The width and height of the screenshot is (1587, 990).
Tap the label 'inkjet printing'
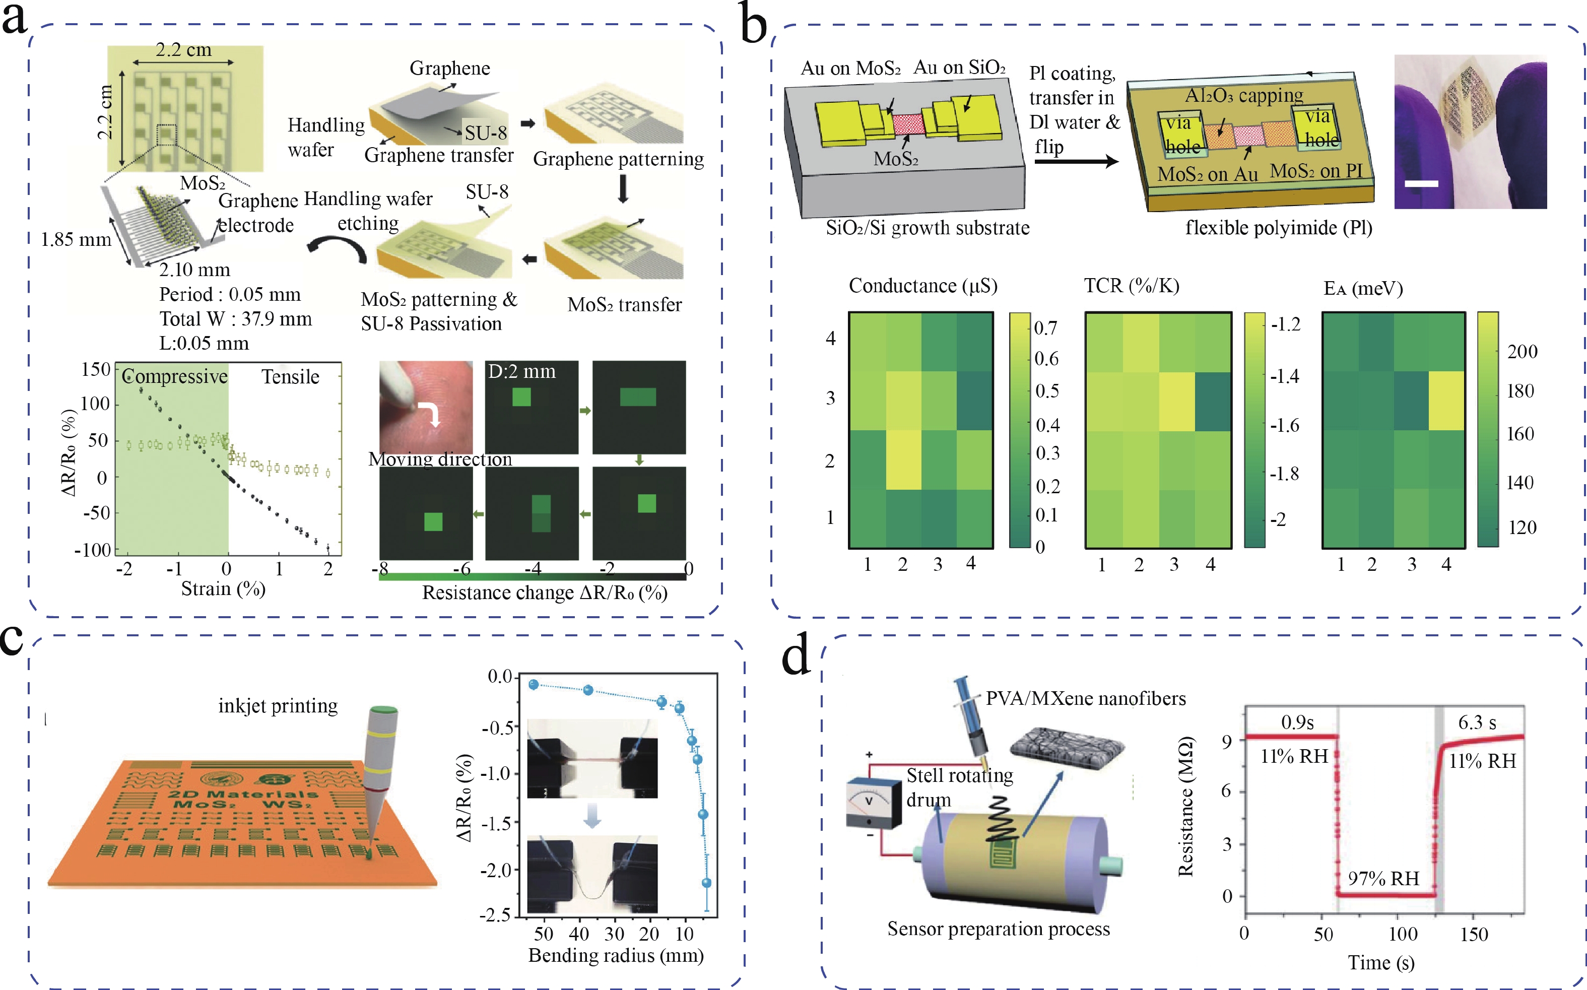[278, 706]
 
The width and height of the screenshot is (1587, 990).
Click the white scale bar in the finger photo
[1421, 184]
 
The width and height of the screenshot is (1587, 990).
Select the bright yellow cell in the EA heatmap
[1446, 401]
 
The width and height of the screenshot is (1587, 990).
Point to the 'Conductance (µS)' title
[922, 286]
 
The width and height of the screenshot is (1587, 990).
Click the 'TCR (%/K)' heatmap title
[1132, 286]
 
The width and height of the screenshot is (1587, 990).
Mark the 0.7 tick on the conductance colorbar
[1045, 327]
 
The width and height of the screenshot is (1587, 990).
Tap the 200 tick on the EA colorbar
[1522, 352]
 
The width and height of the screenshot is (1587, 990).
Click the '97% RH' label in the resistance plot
[1383, 879]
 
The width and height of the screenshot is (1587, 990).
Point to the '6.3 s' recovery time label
[1477, 723]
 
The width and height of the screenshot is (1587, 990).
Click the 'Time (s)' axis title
[1381, 962]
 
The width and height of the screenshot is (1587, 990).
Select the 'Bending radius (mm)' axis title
[616, 955]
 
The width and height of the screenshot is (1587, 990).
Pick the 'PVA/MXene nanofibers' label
[1086, 699]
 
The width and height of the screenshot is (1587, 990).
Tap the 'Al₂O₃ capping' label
[1244, 96]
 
